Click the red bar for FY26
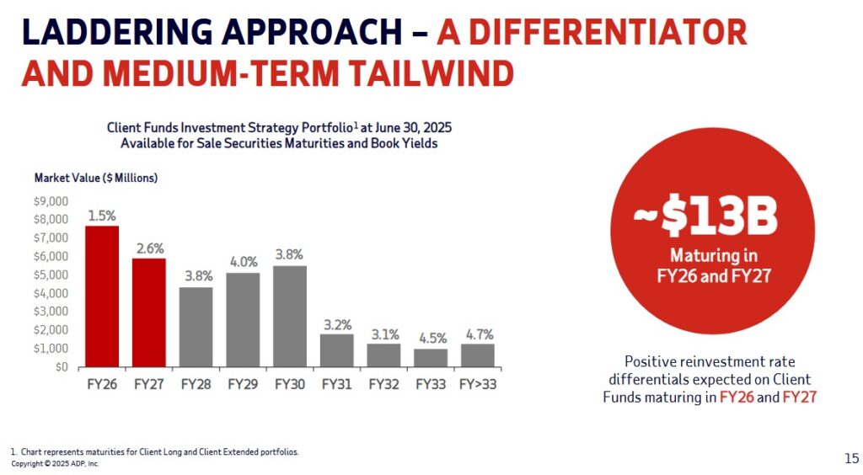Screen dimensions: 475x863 [x=101, y=296]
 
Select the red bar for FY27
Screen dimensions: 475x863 [x=148, y=312]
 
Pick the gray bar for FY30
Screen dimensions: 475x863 [x=289, y=317]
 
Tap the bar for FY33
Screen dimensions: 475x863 [x=431, y=358]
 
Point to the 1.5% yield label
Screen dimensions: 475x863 [x=101, y=216]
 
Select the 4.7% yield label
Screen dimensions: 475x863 [x=477, y=334]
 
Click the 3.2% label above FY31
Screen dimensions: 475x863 [x=336, y=324]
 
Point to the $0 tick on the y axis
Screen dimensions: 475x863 [x=62, y=367]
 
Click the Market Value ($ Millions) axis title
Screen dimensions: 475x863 [x=96, y=178]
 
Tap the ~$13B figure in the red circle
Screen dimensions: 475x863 [x=705, y=218]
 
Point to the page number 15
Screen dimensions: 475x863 [x=851, y=458]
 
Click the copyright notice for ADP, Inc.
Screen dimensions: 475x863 [x=55, y=464]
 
